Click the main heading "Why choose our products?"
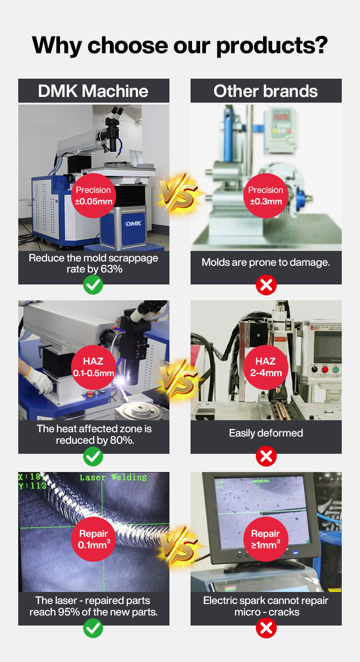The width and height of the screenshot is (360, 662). [180, 45]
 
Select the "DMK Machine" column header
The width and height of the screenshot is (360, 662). [94, 91]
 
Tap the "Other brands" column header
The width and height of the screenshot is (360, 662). [265, 91]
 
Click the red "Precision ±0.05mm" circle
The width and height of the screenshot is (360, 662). [94, 196]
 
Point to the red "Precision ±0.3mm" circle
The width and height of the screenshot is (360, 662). [265, 196]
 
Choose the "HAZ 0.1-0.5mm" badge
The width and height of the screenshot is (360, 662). [94, 367]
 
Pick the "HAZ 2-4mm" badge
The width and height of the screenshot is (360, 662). [265, 367]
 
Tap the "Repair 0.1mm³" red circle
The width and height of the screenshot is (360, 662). [94, 539]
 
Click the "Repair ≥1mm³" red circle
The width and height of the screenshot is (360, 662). [265, 539]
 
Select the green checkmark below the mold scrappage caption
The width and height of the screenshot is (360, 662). [93, 285]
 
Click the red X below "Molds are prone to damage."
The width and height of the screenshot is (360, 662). [266, 285]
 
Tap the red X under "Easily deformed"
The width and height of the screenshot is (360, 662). [266, 456]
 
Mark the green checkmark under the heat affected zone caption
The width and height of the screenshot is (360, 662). [93, 456]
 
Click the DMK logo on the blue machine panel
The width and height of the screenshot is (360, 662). [133, 224]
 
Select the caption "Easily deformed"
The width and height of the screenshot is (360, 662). [265, 433]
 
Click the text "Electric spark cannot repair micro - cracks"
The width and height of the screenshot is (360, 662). [266, 606]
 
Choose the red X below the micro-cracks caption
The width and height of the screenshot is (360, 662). [266, 628]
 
